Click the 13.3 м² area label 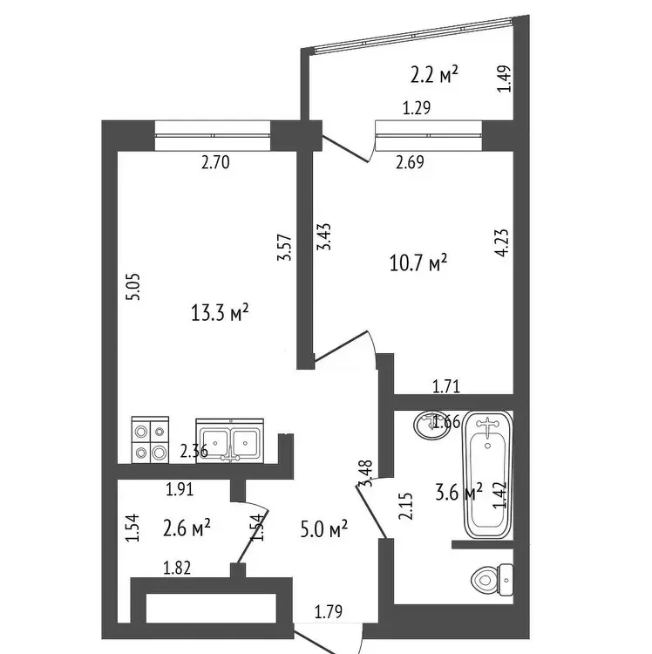(x=220, y=313)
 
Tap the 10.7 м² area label (x=418, y=263)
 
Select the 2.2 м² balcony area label (x=434, y=75)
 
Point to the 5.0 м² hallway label (x=324, y=529)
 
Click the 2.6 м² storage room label (x=187, y=528)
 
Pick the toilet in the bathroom (x=492, y=580)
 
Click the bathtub (x=488, y=474)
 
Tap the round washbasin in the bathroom (x=431, y=425)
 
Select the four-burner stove (x=150, y=439)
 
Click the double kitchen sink (x=230, y=441)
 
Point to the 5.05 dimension (x=134, y=287)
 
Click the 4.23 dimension (x=501, y=242)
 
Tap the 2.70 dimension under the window (x=215, y=162)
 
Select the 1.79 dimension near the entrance (x=329, y=612)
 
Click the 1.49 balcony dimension (x=504, y=78)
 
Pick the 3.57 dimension (x=284, y=248)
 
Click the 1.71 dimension (x=446, y=386)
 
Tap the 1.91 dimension (x=180, y=489)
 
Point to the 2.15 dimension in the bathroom (x=405, y=506)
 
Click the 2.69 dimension (x=410, y=162)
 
